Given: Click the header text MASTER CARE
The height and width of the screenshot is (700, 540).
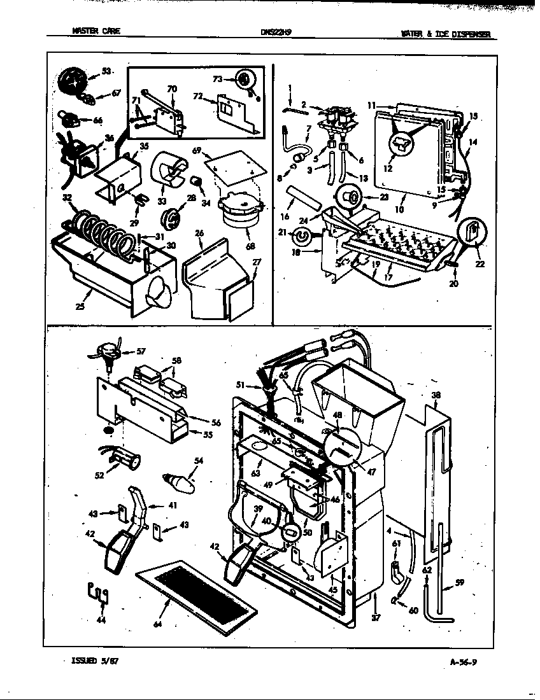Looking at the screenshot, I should coord(96,32).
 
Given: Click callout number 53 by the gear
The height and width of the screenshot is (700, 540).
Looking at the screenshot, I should coord(105,71).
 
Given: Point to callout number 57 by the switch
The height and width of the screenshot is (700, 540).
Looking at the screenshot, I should coord(141,351).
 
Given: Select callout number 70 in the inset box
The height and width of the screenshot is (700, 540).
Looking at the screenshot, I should coord(171,89).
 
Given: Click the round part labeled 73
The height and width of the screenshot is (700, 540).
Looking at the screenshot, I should coord(243,80).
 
